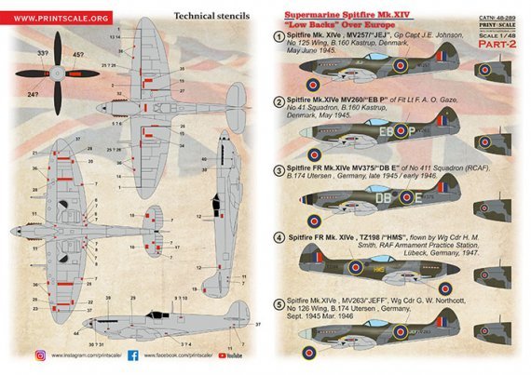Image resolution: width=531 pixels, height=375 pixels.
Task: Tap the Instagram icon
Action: pyautogui.click(x=40, y=355)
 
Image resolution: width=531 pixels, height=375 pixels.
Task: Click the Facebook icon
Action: pyautogui.click(x=133, y=355)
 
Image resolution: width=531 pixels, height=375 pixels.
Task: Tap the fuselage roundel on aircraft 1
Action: pyautogui.click(x=401, y=66)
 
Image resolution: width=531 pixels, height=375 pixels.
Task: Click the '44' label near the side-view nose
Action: pyautogui.click(x=76, y=332)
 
